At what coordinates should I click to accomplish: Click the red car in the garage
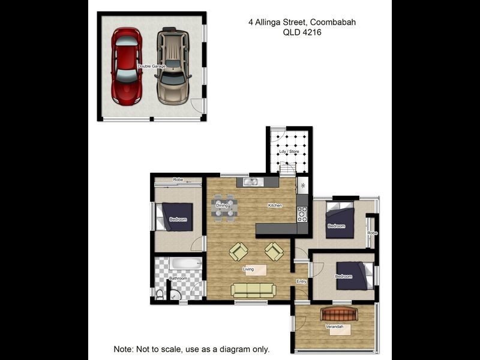coord(127,67)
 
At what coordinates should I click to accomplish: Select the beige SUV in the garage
coord(173,66)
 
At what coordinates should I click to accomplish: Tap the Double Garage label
coord(152,66)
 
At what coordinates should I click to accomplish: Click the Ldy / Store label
coord(289,152)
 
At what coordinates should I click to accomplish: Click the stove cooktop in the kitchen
coord(302,214)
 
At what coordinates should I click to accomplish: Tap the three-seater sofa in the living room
coord(253,290)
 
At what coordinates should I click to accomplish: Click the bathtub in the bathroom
coord(185,263)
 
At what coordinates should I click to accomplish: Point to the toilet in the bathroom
coord(160,295)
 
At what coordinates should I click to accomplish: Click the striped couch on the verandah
coord(339,314)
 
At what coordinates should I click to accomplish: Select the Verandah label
coord(334,326)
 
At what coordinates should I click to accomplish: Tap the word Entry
coord(302,281)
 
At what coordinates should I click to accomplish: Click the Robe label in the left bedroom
coord(178,179)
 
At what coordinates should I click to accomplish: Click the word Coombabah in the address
coord(333,22)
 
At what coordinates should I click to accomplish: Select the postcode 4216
coord(312,32)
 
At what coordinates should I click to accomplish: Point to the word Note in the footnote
coord(124,349)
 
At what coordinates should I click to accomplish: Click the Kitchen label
coord(275,205)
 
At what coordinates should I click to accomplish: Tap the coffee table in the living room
coord(256,271)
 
